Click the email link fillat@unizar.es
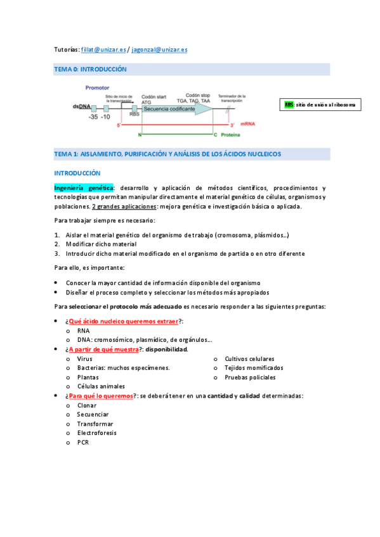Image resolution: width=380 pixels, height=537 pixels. pyautogui.click(x=104, y=49)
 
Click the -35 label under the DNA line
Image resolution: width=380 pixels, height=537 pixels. pyautogui.click(x=93, y=117)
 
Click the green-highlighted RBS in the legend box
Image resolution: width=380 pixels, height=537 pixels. pyautogui.click(x=289, y=104)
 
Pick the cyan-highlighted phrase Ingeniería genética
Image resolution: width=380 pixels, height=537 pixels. pyautogui.click(x=84, y=188)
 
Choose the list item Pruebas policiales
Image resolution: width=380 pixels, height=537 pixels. pyautogui.click(x=250, y=377)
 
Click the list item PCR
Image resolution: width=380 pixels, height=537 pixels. pyautogui.click(x=82, y=442)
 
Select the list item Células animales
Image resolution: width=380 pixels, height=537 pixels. pyautogui.click(x=101, y=386)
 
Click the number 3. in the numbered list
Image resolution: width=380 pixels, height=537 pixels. pyautogui.click(x=57, y=253)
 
